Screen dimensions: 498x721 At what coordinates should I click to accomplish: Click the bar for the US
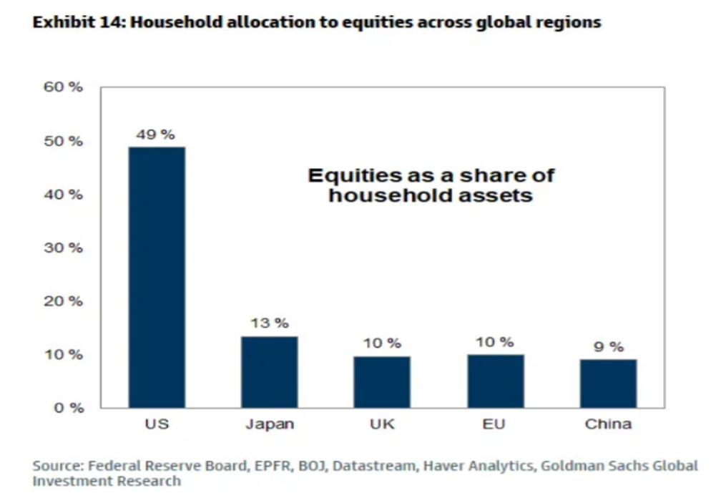pyautogui.click(x=156, y=277)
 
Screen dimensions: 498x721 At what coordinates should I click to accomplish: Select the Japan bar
pyautogui.click(x=269, y=372)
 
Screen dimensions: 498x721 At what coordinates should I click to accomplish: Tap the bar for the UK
pyautogui.click(x=382, y=381)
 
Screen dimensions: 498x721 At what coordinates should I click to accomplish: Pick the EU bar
pyautogui.click(x=495, y=381)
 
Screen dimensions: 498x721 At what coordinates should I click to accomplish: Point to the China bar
pyautogui.click(x=608, y=384)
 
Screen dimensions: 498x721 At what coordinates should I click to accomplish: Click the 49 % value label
pyautogui.click(x=156, y=135)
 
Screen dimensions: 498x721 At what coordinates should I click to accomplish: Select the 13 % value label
pyautogui.click(x=269, y=323)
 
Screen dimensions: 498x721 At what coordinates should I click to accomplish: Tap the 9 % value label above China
pyautogui.click(x=608, y=347)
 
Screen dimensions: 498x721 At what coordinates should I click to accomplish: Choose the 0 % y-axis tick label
pyautogui.click(x=69, y=408)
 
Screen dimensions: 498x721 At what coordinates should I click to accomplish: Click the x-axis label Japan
pyautogui.click(x=269, y=424)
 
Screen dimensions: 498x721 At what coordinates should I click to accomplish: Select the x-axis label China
pyautogui.click(x=608, y=424)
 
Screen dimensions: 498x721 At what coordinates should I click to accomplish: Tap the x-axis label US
pyautogui.click(x=156, y=424)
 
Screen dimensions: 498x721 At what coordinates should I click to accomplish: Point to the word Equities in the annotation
pyautogui.click(x=348, y=175)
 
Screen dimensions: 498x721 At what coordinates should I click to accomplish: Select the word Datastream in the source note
pyautogui.click(x=370, y=467)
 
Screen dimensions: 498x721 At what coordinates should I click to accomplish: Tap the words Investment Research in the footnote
pyautogui.click(x=107, y=482)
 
